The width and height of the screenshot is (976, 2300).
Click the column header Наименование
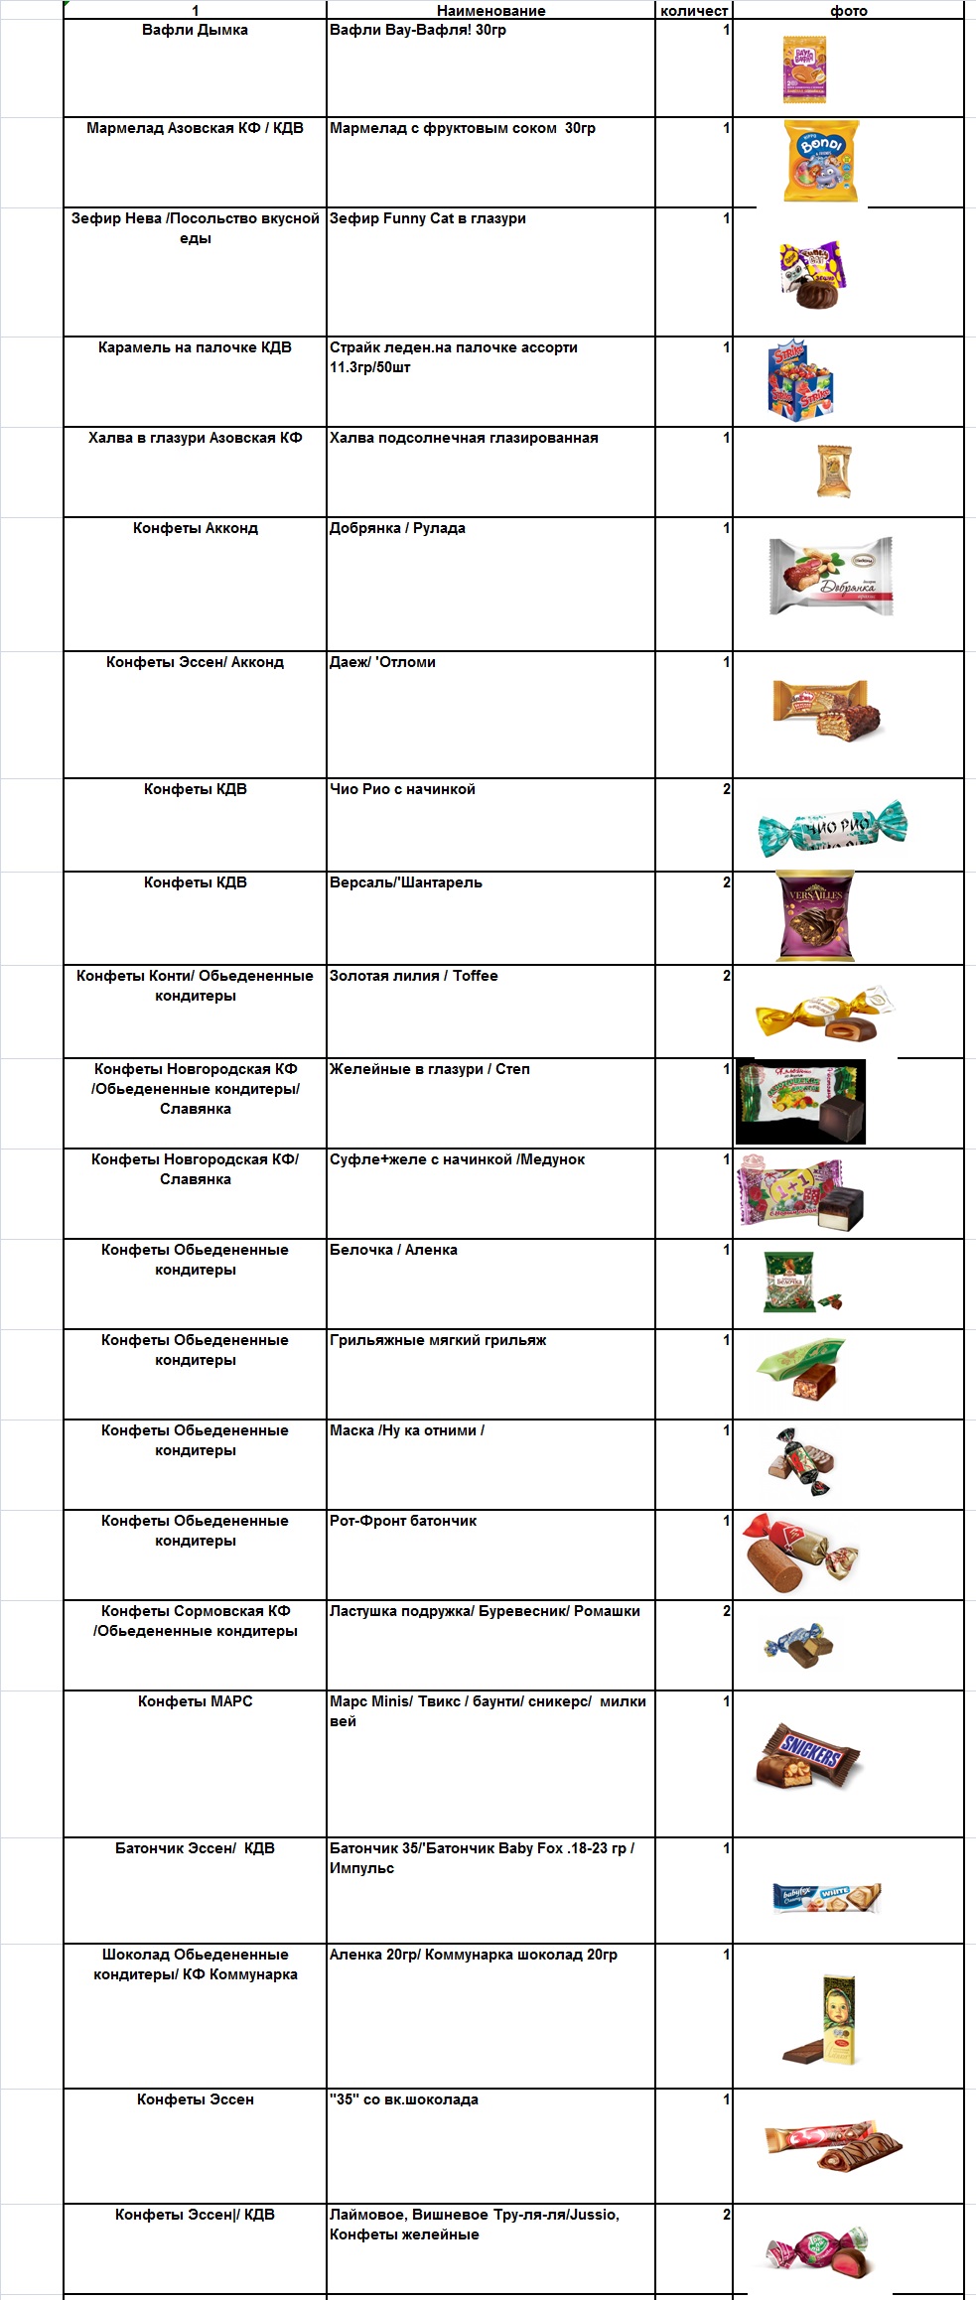(x=490, y=11)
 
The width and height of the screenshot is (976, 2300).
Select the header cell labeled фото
(x=848, y=11)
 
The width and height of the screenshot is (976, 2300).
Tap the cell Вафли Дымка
(x=195, y=31)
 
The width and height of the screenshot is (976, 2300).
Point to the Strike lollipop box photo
(x=799, y=381)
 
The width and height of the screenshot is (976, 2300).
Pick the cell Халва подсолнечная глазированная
(x=464, y=439)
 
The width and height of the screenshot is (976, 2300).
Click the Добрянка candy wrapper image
(x=830, y=576)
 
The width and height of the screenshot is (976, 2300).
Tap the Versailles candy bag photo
(x=814, y=916)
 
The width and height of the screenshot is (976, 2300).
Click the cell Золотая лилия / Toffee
(x=414, y=977)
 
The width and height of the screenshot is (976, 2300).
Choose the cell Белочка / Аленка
(x=393, y=1251)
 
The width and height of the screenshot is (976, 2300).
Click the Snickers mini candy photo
(x=808, y=1758)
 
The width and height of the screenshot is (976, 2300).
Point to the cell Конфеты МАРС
(x=195, y=1702)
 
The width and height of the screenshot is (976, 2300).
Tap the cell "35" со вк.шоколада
(x=404, y=2100)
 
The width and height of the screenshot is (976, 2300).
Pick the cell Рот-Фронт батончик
(x=403, y=1522)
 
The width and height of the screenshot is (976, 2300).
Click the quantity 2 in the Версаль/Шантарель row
(x=726, y=883)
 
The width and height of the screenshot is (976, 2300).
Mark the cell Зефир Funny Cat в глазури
(x=428, y=219)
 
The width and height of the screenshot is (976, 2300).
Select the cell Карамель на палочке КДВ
(x=195, y=348)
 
